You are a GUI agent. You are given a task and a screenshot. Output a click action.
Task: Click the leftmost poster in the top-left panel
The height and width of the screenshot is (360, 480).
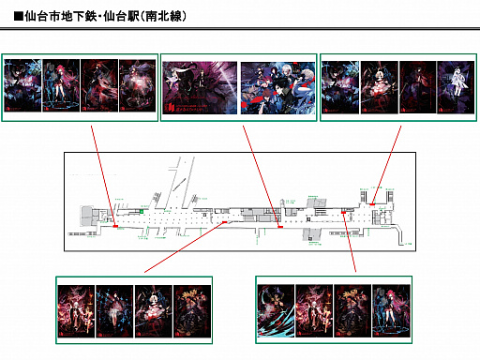pyautogui.click(x=22, y=87)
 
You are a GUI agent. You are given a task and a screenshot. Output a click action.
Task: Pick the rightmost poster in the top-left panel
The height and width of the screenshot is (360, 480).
pyautogui.click(x=138, y=87)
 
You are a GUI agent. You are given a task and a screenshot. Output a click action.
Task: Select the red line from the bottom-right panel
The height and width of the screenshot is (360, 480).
pyautogui.click(x=349, y=244)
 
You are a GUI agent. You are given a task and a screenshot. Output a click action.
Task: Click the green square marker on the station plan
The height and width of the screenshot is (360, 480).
pyautogui.click(x=141, y=211)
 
